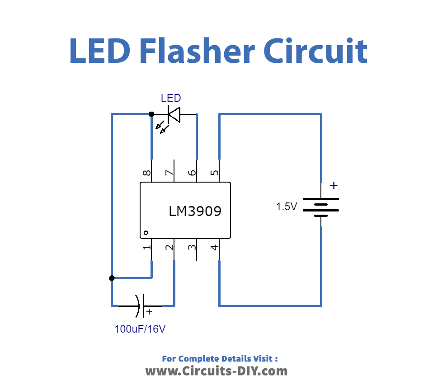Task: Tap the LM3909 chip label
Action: [195, 211]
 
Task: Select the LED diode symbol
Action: [174, 114]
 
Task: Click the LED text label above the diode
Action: [171, 98]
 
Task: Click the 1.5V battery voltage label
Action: [287, 207]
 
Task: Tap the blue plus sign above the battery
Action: [334, 185]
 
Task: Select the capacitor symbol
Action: [141, 306]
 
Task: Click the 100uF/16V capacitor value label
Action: [140, 329]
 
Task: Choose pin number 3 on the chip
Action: [192, 248]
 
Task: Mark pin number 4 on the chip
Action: [215, 248]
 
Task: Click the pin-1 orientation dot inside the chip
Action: [146, 233]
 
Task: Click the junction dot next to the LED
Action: [151, 114]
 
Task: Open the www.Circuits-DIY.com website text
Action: [216, 371]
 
